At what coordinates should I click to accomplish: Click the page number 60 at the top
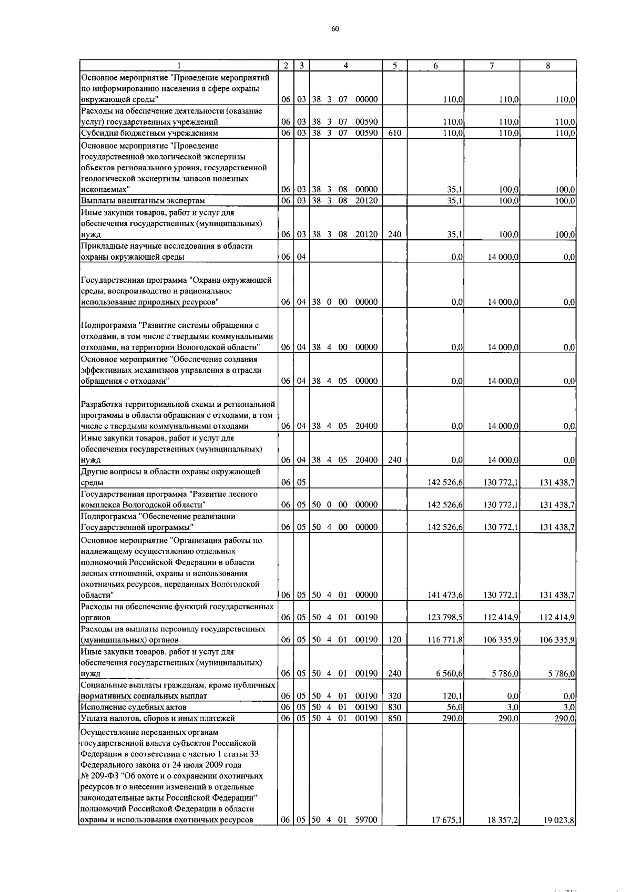[335, 28]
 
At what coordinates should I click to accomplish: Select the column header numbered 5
[394, 66]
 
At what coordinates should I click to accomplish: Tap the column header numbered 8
[547, 66]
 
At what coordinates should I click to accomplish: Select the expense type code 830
[394, 707]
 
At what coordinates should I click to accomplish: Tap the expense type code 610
[394, 133]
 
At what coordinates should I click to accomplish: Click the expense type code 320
[394, 696]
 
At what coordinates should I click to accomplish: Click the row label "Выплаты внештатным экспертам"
[143, 200]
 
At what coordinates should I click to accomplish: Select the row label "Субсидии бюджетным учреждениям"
[149, 133]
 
